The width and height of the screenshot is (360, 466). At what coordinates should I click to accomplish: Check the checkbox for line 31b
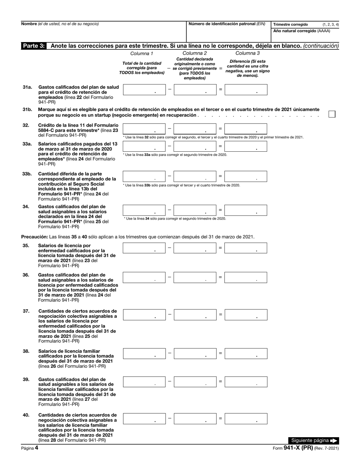point(332,114)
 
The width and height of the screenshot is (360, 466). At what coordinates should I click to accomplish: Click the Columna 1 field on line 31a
point(144,89)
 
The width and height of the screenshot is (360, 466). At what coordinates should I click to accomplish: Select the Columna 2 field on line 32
point(195,129)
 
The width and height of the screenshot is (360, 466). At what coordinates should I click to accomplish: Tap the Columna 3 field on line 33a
point(246,146)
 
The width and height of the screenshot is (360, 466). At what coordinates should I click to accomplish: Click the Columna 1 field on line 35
point(144,248)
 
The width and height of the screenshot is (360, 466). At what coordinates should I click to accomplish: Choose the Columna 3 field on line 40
point(246,419)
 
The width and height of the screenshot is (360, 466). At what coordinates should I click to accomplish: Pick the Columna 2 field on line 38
point(195,353)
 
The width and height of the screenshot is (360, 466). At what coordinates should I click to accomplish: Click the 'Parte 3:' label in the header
point(34,46)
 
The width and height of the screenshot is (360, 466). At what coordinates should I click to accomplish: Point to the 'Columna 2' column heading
point(195,53)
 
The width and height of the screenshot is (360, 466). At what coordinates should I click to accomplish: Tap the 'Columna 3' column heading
point(247,53)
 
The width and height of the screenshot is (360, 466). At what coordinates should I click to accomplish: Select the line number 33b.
point(27,174)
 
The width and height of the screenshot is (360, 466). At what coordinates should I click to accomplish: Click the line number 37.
point(26,311)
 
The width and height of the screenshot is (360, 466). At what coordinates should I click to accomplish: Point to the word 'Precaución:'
point(33,237)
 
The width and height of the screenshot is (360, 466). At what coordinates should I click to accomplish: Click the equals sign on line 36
point(220,277)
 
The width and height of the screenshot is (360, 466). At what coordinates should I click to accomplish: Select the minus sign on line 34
point(169,210)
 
